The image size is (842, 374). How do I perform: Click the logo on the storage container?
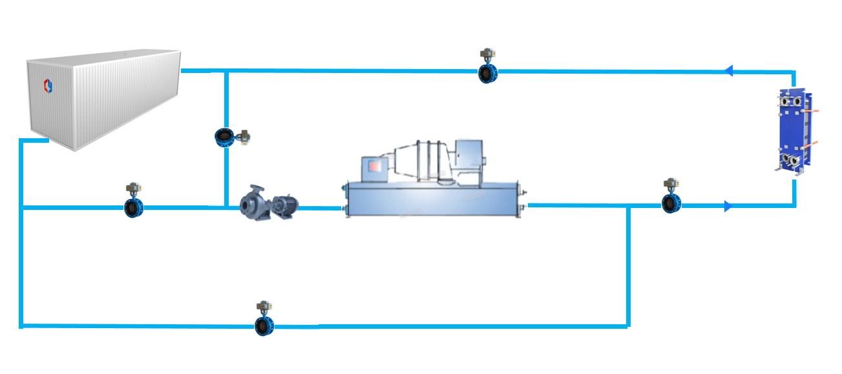pyautogui.click(x=47, y=85)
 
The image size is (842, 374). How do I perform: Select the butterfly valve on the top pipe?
pyautogui.click(x=488, y=74)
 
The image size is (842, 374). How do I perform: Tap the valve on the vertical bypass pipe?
pyautogui.click(x=224, y=137)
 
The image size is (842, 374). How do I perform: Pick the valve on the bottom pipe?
pyautogui.click(x=264, y=326)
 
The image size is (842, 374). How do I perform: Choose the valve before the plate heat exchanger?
pyautogui.click(x=671, y=205)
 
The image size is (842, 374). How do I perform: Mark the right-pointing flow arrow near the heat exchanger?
pyautogui.click(x=728, y=206)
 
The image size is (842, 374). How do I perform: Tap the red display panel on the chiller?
pyautogui.click(x=375, y=166)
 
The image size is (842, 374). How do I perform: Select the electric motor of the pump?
pyautogui.click(x=284, y=205)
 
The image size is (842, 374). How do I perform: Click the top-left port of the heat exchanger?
pyautogui.click(x=784, y=102)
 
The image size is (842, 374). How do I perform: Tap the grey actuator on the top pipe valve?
pyautogui.click(x=487, y=54)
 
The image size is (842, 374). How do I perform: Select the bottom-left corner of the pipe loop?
pyautogui.click(x=21, y=325)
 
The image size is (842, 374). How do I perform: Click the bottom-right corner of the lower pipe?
pyautogui.click(x=627, y=326)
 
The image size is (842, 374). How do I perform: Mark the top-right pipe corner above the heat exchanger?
pyautogui.click(x=794, y=72)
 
